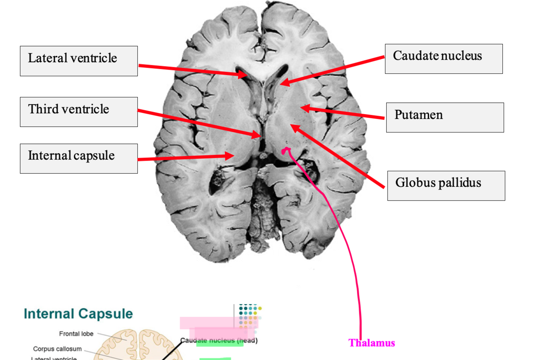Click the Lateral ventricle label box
pos(79,61)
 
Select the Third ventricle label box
pos(79,112)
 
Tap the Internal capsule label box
pos(79,158)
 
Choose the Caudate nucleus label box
pos(443,59)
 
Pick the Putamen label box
pos(444,117)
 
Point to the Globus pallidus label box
pos(446,186)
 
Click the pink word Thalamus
pos(372,343)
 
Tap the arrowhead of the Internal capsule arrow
pos(230,155)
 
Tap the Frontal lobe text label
pos(76,334)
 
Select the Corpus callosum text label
pos(57,349)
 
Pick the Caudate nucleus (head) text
pos(219,340)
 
